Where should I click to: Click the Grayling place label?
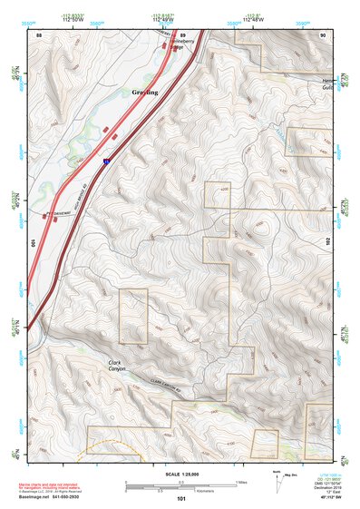[x=144, y=93]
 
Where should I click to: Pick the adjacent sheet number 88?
[x=39, y=34]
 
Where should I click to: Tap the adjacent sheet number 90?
[x=323, y=34]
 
